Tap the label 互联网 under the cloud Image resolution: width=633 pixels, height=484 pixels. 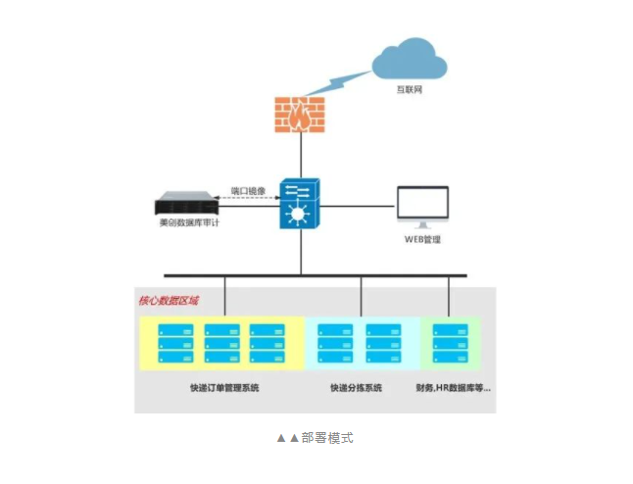pos(410,91)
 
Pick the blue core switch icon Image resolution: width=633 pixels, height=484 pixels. pos(300,205)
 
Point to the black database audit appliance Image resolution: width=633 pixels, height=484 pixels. pos(186,205)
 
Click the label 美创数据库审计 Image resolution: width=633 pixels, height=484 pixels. pos(188,223)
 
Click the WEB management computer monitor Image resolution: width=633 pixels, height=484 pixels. pos(422,207)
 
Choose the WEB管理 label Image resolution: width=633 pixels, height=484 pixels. pos(422,239)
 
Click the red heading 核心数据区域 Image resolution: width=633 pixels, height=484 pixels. pos(169,300)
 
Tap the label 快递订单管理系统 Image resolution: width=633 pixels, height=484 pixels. pos(224,388)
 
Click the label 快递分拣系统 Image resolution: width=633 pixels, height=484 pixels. pos(358,388)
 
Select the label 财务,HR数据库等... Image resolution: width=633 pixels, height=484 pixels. pos(452,388)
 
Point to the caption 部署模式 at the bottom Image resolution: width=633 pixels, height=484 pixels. pos(316,438)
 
